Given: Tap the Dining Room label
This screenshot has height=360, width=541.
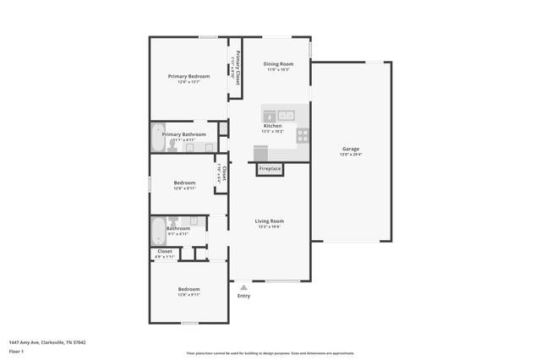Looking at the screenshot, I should tap(278, 64).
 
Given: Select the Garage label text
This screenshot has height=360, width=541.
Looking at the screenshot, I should tap(350, 149).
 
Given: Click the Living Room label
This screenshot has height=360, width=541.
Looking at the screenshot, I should tap(270, 221).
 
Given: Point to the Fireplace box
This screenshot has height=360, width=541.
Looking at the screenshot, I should tap(270, 169).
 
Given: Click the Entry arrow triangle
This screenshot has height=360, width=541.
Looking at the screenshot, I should tap(243, 287).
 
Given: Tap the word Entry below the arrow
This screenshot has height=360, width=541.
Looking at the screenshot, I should tap(243, 296).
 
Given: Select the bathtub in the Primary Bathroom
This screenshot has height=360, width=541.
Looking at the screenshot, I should tap(159, 138).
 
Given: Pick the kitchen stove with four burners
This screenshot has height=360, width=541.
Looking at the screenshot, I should tap(303, 134).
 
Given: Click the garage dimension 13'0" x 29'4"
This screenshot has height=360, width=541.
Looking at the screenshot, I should tap(350, 155).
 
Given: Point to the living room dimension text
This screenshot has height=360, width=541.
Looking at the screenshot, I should tap(270, 226).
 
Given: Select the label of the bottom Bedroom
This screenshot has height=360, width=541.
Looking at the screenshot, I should tap(189, 289).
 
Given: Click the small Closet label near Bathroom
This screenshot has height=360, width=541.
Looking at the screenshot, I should tap(165, 251).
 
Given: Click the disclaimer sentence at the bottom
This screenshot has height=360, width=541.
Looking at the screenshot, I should tap(270, 353).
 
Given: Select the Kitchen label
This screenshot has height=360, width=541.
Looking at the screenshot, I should tap(272, 126).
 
